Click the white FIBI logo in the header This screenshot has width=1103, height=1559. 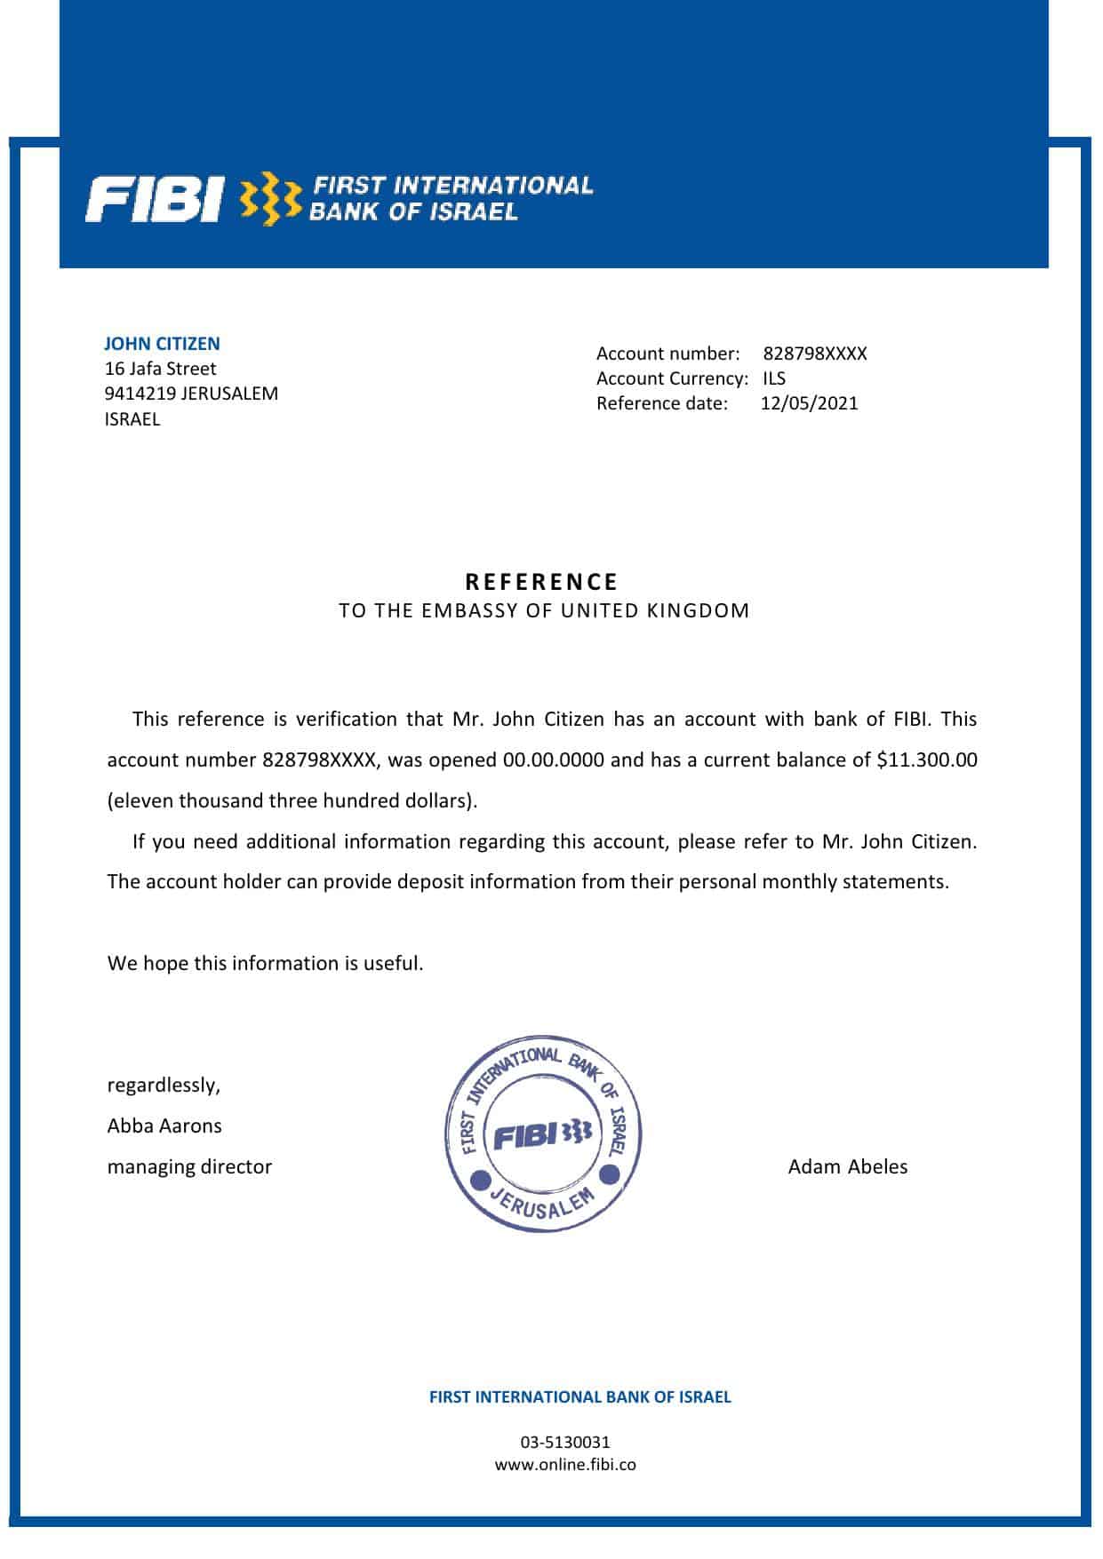(153, 199)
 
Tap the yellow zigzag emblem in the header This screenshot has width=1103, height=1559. (271, 199)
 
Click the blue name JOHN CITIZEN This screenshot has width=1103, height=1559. (162, 344)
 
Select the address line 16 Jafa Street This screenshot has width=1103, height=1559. (160, 369)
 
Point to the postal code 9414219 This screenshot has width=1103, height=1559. (140, 394)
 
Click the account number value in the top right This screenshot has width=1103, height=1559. (814, 354)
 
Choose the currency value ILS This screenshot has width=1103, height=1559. (773, 378)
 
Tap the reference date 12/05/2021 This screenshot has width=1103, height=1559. (809, 403)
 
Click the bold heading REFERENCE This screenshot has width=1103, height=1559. (542, 582)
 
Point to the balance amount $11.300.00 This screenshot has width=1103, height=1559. (926, 760)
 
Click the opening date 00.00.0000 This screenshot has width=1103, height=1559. (553, 760)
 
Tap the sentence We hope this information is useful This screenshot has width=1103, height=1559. (265, 963)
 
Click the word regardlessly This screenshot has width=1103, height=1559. (164, 1085)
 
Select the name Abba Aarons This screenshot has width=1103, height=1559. (164, 1126)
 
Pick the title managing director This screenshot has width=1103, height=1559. (189, 1166)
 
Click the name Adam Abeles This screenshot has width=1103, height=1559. (847, 1166)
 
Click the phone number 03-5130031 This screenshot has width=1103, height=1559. (565, 1442)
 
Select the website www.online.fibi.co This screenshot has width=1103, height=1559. (565, 1465)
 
